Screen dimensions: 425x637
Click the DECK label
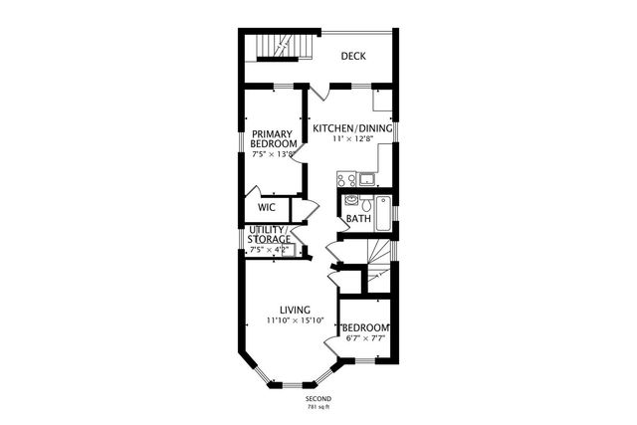click(353, 56)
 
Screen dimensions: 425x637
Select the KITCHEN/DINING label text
click(352, 128)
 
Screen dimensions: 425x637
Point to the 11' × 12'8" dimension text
click(352, 140)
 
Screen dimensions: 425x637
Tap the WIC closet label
click(267, 208)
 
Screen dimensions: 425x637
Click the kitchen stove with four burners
click(346, 180)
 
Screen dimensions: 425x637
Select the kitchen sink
click(367, 180)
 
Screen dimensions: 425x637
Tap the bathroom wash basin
click(350, 199)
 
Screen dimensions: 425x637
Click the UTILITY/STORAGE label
click(270, 235)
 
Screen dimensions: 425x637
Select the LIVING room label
click(295, 310)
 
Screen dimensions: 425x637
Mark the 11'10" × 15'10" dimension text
click(295, 320)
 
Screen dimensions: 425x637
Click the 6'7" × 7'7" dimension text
click(364, 339)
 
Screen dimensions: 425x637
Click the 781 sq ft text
click(318, 407)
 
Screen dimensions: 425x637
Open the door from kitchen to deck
click(318, 96)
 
